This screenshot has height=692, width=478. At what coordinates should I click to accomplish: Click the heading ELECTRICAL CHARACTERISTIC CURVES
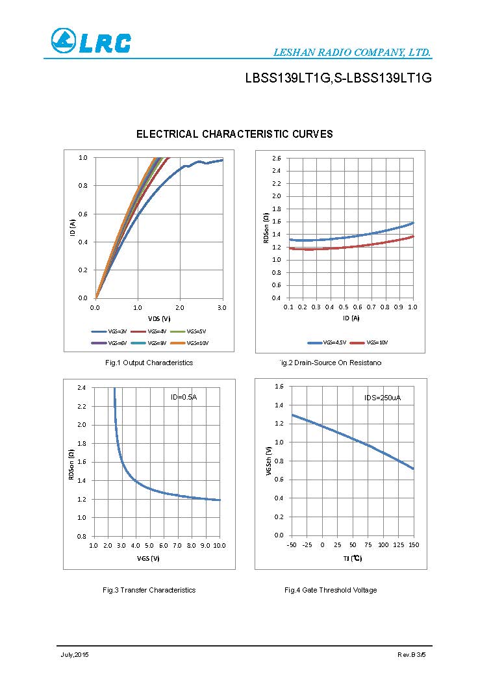[x=234, y=135]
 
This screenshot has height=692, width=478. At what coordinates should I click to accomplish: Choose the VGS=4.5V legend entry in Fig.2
[x=327, y=342]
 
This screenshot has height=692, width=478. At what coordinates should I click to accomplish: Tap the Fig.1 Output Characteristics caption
[x=149, y=363]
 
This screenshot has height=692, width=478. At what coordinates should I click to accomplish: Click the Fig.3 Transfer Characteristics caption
[x=149, y=590]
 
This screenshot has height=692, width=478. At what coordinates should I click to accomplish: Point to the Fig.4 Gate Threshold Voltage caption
[x=331, y=590]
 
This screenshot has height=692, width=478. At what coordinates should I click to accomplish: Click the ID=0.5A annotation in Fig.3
[x=184, y=397]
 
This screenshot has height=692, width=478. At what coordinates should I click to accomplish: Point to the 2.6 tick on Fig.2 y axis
[x=277, y=158]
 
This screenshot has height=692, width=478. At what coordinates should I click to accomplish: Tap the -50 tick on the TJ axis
[x=292, y=545]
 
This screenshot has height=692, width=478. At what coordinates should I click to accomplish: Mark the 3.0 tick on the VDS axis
[x=221, y=307]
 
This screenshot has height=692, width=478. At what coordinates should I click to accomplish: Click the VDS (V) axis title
[x=158, y=319]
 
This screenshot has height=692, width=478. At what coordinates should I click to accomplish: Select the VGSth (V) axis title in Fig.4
[x=269, y=461]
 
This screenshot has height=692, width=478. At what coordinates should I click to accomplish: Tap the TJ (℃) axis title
[x=352, y=558]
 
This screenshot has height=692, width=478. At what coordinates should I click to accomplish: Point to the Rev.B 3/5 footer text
[x=412, y=654]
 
